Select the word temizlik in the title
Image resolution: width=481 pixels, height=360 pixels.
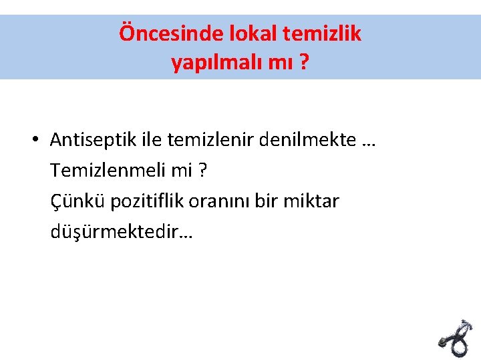[x=325, y=33]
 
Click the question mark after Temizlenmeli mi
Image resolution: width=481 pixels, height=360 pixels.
[x=202, y=171]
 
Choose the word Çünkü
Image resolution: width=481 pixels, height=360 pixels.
[x=73, y=201]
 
